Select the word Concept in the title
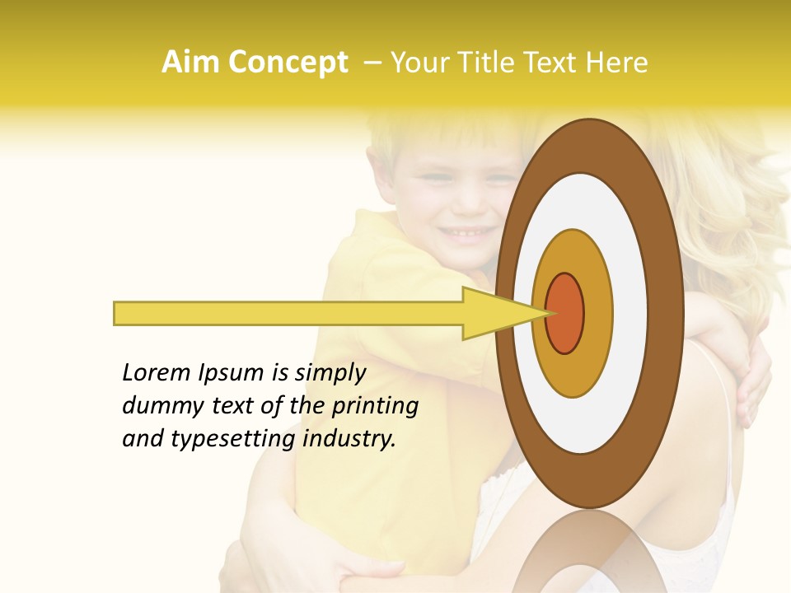(288, 63)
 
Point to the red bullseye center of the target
(565, 313)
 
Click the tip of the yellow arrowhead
(547, 313)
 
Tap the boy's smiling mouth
(466, 234)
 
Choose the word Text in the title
(550, 63)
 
